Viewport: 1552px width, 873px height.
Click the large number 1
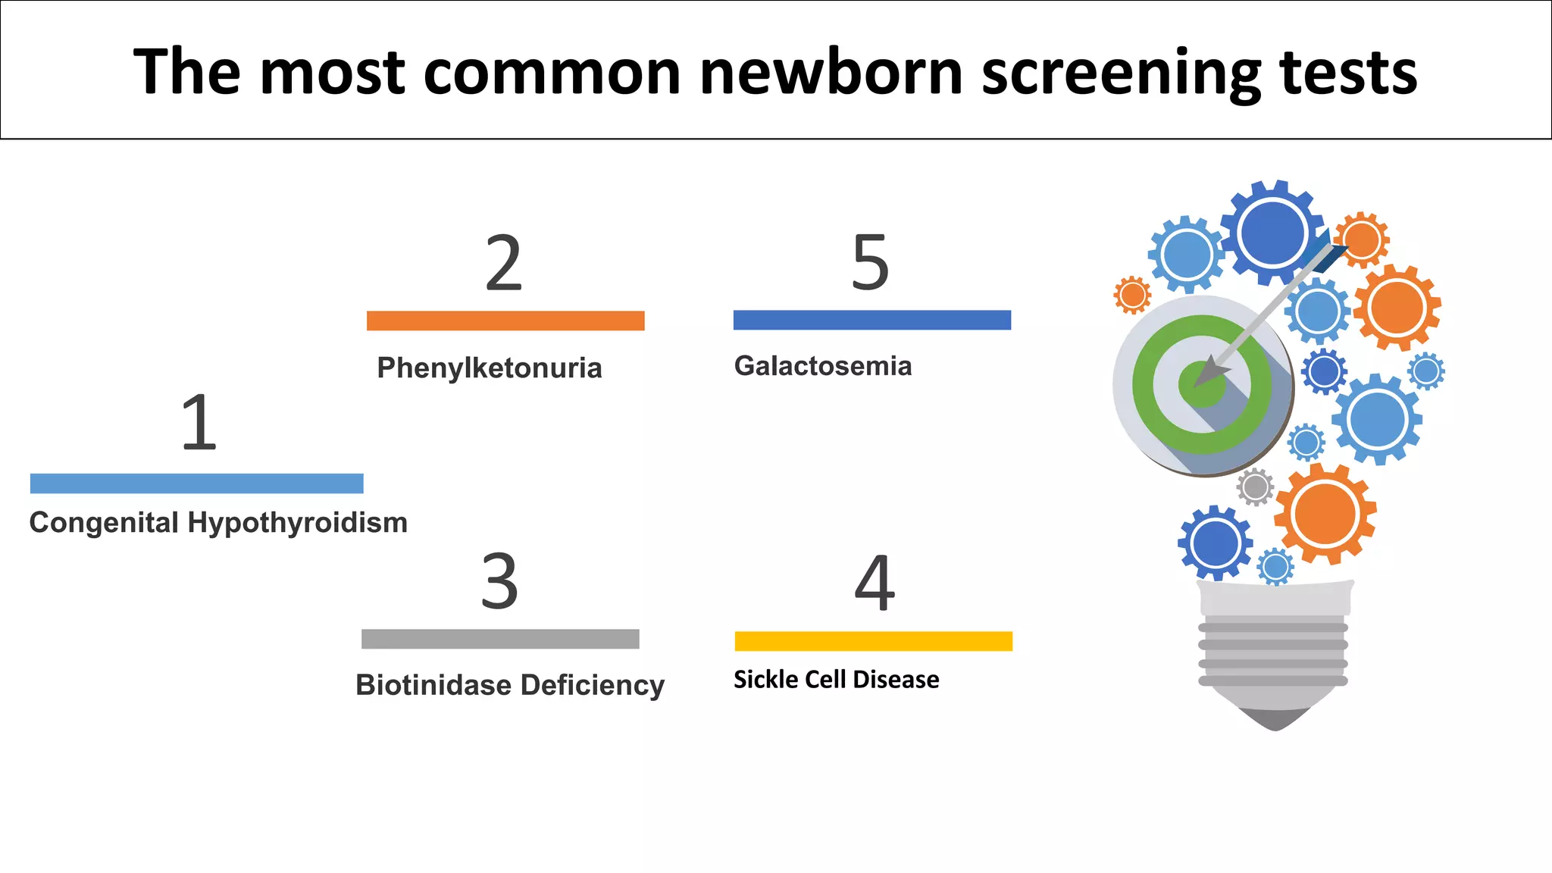coord(199,423)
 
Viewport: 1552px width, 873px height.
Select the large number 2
coord(504,263)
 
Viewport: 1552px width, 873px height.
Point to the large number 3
coord(500,582)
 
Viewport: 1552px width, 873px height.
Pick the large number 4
coord(875,583)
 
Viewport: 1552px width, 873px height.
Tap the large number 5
coord(870,263)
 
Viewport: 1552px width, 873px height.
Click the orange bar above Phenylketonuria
coord(505,321)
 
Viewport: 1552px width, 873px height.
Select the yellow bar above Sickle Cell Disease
coord(873,641)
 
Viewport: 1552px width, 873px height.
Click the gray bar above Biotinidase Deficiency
coord(500,639)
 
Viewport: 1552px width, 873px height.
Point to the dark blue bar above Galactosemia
coord(871,320)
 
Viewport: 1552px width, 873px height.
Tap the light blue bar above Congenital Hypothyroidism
coord(197,483)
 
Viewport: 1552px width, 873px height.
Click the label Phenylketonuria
coord(490,368)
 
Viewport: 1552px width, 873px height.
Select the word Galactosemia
coord(823,366)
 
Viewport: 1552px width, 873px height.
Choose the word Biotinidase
coord(433,685)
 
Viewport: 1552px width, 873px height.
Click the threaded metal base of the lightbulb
coord(1273,653)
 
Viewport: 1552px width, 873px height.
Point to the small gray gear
coord(1255,487)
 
